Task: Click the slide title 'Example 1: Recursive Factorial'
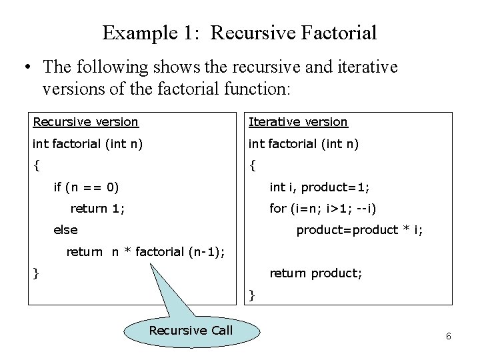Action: coord(240,32)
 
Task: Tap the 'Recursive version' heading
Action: coord(86,122)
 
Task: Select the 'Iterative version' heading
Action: coord(298,122)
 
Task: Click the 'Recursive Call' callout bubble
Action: coord(191,331)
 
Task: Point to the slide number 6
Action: coord(449,336)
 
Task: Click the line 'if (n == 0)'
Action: coord(86,187)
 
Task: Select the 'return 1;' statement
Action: coord(97,209)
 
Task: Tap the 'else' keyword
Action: coord(65,230)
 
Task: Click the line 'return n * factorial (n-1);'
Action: coord(145,252)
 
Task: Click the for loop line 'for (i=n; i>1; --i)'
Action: coord(323,209)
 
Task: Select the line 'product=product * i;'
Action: coord(359,230)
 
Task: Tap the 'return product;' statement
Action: coord(315,273)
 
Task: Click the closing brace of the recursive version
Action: coord(37,273)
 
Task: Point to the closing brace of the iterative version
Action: coord(252,294)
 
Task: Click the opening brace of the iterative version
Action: coord(252,164)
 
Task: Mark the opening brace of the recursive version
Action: coord(37,164)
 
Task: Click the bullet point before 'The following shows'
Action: coord(27,67)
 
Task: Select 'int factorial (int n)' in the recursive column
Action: coord(87,143)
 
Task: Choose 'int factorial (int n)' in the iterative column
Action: coord(303,143)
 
